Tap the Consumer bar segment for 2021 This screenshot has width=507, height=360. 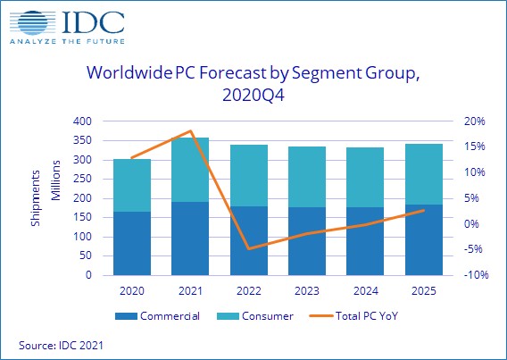[x=189, y=170]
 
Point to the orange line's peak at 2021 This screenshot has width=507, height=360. [x=189, y=131]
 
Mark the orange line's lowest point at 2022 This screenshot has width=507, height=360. [x=248, y=248]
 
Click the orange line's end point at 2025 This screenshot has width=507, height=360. [x=423, y=211]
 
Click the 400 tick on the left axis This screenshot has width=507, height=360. [x=83, y=121]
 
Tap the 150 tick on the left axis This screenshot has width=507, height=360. [x=83, y=218]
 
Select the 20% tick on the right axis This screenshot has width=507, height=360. [x=474, y=121]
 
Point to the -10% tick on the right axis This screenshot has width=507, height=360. [x=474, y=276]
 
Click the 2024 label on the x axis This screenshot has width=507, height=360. [x=364, y=291]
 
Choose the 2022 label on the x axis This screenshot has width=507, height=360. [x=247, y=291]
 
